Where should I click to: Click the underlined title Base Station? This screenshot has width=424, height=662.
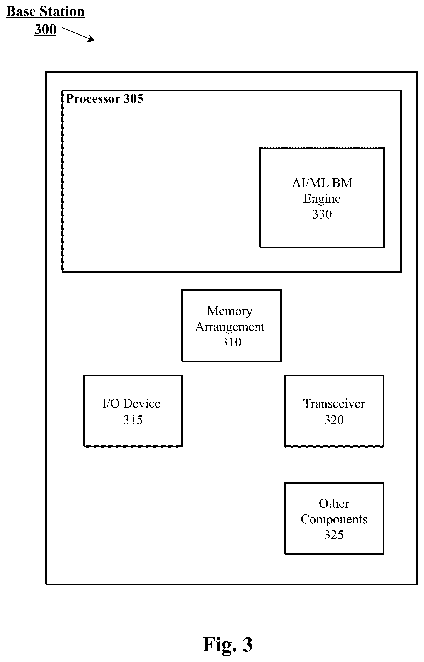(46, 12)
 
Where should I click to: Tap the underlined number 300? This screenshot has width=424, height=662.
(45, 29)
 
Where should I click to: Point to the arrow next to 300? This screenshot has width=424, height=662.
(79, 34)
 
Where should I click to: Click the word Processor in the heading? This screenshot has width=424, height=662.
(93, 99)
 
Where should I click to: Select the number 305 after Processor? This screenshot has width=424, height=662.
(133, 99)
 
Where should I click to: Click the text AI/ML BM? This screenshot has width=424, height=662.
(322, 183)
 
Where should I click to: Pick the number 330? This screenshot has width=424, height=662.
(322, 214)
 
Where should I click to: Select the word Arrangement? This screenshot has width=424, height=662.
(230, 327)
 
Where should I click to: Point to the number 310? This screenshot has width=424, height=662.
(231, 342)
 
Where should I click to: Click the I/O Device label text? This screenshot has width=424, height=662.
(131, 404)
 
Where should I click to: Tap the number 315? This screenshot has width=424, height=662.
(133, 420)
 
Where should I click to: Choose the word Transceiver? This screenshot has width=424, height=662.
(334, 404)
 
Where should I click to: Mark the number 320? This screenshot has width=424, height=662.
(334, 420)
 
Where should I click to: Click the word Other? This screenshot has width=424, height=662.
(334, 504)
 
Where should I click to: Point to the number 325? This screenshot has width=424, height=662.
(334, 535)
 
